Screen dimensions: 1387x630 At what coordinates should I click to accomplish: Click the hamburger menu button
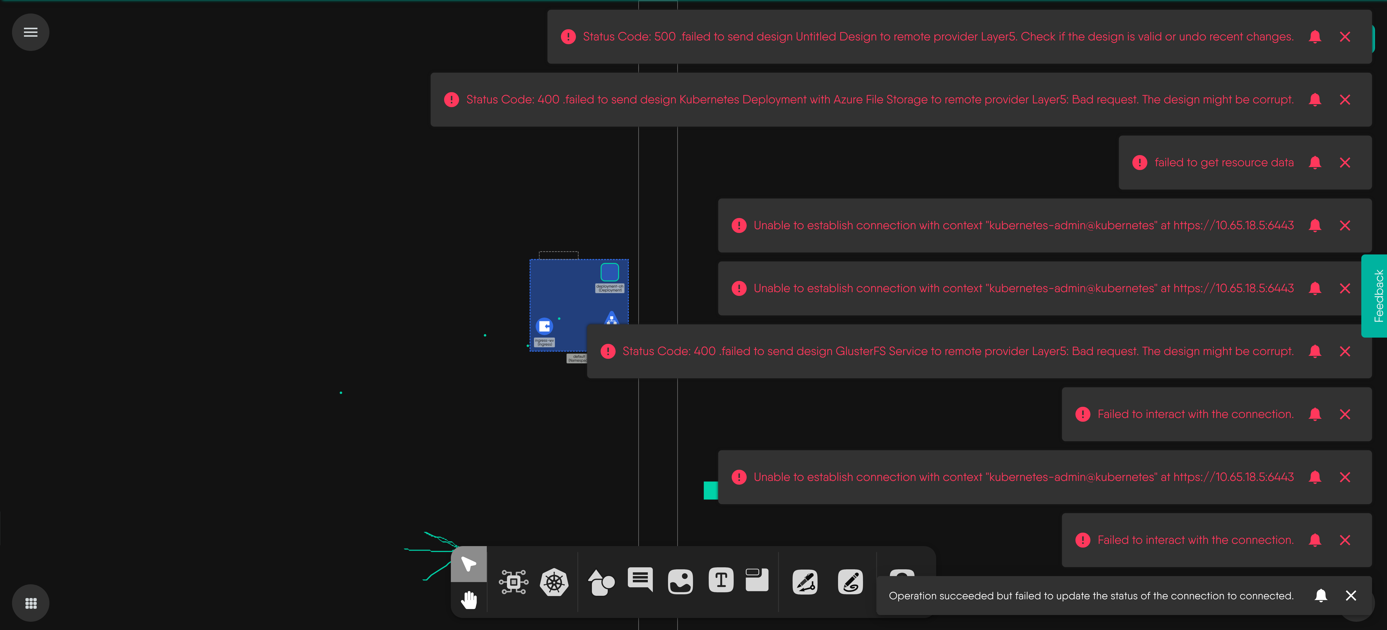coord(31,32)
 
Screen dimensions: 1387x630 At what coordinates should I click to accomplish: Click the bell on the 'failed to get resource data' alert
coord(1315,163)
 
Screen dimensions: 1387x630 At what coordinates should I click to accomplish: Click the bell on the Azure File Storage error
coord(1315,100)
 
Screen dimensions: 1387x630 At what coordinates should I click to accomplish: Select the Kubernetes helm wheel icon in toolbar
coord(554,582)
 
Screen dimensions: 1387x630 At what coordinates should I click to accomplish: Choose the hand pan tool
coord(469,599)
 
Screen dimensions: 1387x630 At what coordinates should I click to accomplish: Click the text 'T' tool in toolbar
coord(721,581)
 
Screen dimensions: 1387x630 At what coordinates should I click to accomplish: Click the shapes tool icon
coord(601,582)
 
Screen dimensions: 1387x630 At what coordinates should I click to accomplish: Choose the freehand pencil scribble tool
coord(850,582)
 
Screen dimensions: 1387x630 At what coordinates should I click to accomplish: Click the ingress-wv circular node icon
coord(544,326)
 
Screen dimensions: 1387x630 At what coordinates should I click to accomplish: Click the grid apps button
coord(31,603)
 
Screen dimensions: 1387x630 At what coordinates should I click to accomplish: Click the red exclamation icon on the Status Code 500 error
coord(568,37)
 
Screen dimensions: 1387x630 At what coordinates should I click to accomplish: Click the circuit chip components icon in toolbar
coord(513,582)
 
